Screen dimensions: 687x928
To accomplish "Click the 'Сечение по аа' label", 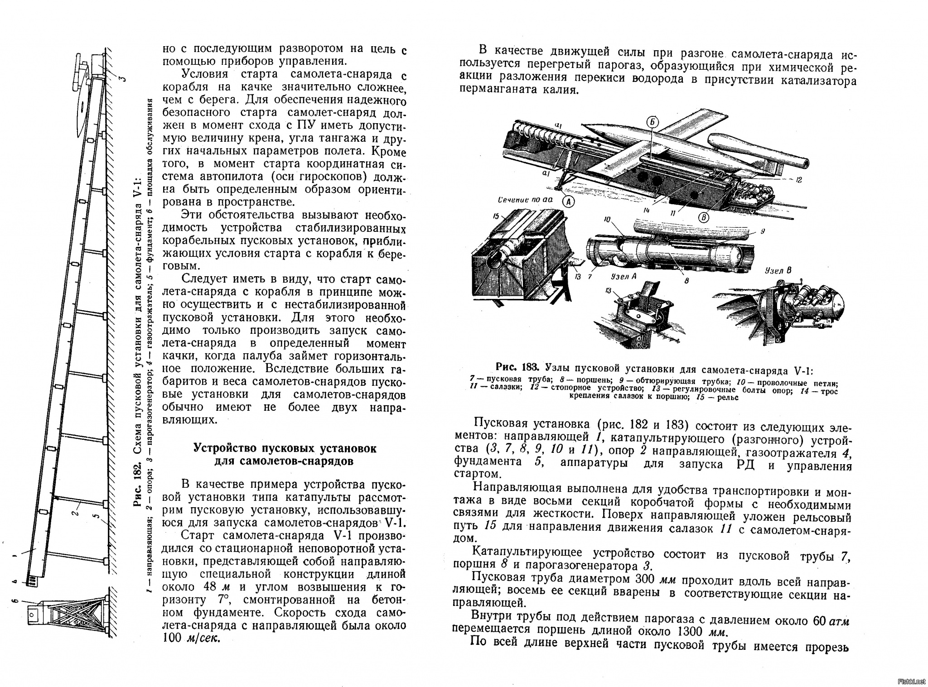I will pos(521,199).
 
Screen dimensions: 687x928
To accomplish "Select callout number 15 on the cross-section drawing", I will pos(496,216).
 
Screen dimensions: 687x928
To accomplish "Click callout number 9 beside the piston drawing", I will pos(763,231).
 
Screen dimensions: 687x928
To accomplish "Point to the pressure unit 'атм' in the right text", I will pos(838,621).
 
